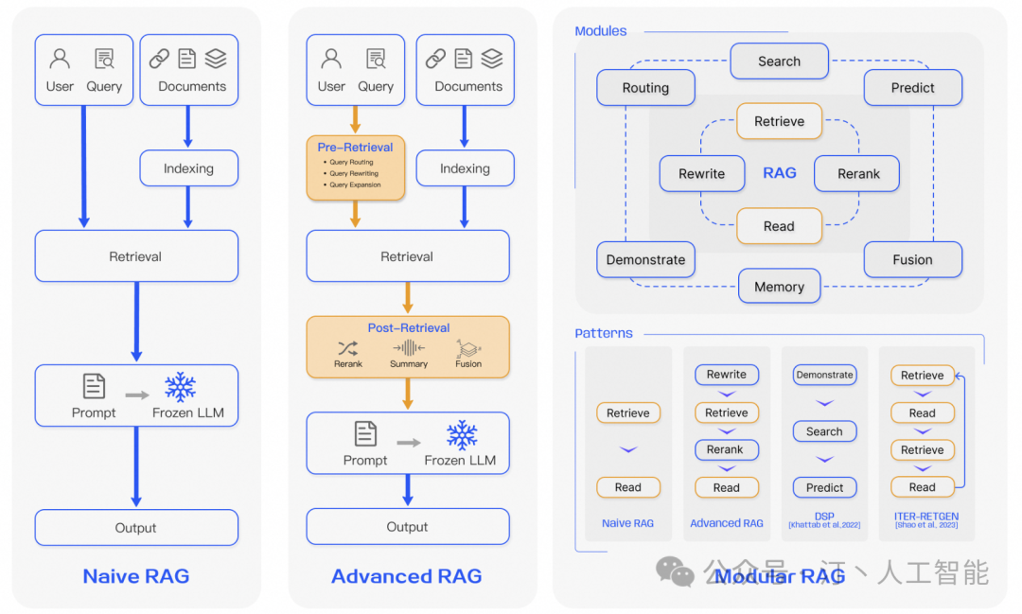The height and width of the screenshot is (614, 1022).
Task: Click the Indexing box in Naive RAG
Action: pyautogui.click(x=188, y=168)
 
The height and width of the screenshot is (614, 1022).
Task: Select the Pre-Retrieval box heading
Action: pyautogui.click(x=355, y=147)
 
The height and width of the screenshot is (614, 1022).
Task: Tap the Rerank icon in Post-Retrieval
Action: pyautogui.click(x=348, y=347)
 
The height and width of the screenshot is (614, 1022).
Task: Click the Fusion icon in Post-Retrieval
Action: pyautogui.click(x=467, y=347)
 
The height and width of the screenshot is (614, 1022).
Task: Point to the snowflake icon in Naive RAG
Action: pyautogui.click(x=180, y=387)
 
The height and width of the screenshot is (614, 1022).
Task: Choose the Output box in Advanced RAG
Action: pyautogui.click(x=407, y=527)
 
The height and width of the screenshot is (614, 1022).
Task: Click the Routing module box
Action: pyautogui.click(x=645, y=88)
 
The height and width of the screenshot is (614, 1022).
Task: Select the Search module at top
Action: pyautogui.click(x=779, y=61)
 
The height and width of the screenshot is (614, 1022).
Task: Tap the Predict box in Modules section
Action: pyautogui.click(x=912, y=88)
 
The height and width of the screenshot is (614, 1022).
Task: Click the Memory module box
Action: pyautogui.click(x=779, y=287)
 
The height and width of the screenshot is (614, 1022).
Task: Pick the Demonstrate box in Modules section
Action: pyautogui.click(x=645, y=259)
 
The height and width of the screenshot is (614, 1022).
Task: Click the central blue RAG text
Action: pyautogui.click(x=779, y=173)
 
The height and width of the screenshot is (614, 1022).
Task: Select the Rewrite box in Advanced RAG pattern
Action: pyautogui.click(x=726, y=375)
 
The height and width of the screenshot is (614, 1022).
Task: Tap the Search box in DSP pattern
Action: pyautogui.click(x=824, y=431)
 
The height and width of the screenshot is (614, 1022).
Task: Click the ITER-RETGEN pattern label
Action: pyautogui.click(x=925, y=517)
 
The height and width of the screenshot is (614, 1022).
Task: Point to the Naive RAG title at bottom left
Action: pyautogui.click(x=136, y=576)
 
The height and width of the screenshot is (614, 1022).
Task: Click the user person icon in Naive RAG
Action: pyautogui.click(x=60, y=60)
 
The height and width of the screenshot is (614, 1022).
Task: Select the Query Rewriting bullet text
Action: pyautogui.click(x=353, y=174)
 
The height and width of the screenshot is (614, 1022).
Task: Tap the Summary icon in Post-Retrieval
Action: pyautogui.click(x=409, y=347)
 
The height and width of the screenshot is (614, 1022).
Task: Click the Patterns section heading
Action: pyautogui.click(x=604, y=333)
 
